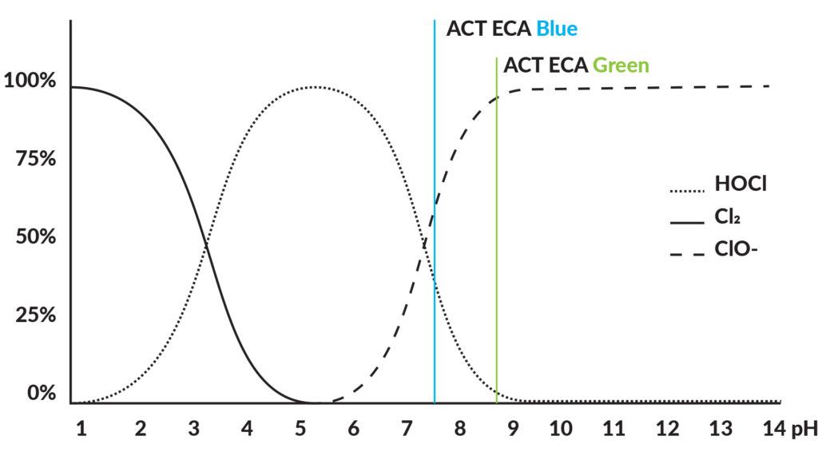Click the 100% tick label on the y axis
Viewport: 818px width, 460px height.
(x=30, y=81)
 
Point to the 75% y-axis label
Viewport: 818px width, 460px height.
(x=35, y=159)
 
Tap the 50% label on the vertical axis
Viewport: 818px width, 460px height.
(x=35, y=236)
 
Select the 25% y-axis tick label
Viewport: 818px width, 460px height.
(x=35, y=315)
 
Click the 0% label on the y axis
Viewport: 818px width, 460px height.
(x=42, y=393)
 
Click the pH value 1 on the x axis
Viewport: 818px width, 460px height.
(x=81, y=429)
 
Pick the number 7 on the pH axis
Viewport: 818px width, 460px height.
(x=407, y=429)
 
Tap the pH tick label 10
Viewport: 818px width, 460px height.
(x=561, y=429)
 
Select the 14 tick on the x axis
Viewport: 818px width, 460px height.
(x=774, y=429)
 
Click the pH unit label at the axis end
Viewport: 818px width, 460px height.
(x=804, y=430)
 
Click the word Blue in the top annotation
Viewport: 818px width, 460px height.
(x=557, y=29)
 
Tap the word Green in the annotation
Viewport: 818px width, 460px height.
(x=621, y=65)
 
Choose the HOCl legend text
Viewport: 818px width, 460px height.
(x=741, y=184)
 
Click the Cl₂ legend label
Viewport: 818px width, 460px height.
(x=727, y=216)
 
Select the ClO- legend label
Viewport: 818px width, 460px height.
(x=736, y=249)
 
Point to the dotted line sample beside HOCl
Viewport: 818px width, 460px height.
(x=687, y=191)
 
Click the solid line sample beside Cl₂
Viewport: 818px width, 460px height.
(x=687, y=224)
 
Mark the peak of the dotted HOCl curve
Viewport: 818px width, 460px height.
(x=313, y=87)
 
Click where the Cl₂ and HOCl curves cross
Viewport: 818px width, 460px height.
(x=206, y=244)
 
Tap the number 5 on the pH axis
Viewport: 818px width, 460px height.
(x=300, y=429)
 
